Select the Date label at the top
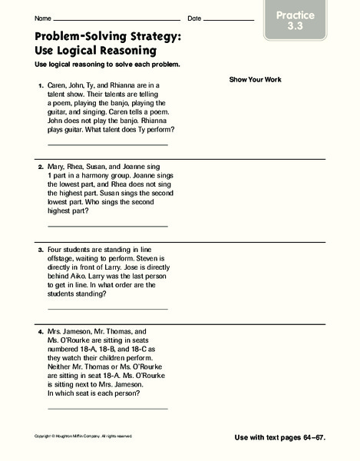point(194,18)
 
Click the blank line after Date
point(229,19)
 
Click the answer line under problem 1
point(107,144)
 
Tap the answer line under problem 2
point(107,226)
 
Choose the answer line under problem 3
point(107,308)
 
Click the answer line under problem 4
point(107,408)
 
